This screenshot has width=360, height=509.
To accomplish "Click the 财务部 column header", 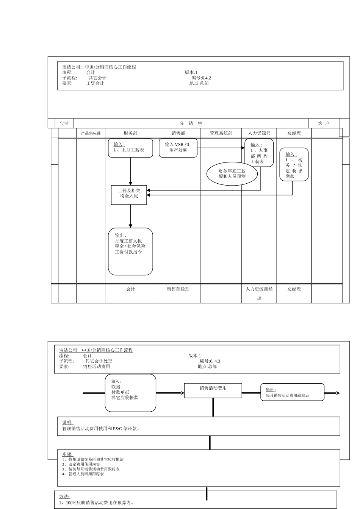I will pyautogui.click(x=130, y=133).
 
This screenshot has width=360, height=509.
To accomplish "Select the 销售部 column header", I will pyautogui.click(x=178, y=133).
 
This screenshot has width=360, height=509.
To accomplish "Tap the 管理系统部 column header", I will pyautogui.click(x=221, y=133).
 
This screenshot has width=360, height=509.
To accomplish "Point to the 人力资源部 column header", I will pyautogui.click(x=259, y=133).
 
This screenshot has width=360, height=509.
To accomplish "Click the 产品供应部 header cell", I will pyautogui.click(x=91, y=133).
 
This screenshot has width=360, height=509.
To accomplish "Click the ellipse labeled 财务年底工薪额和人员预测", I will pyautogui.click(x=232, y=174).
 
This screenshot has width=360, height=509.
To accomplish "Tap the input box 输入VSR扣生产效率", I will pyautogui.click(x=178, y=148).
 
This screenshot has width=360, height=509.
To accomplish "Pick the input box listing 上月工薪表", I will pyautogui.click(x=130, y=148).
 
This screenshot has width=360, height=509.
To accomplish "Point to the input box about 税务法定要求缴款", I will pyautogui.click(x=294, y=164).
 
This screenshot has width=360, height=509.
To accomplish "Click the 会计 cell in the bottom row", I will pyautogui.click(x=130, y=289).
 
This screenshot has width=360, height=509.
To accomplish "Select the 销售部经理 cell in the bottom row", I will pyautogui.click(x=178, y=289).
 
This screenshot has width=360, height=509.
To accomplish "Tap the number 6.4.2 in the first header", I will pyautogui.click(x=206, y=78).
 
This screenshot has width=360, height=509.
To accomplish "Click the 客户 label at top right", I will pyautogui.click(x=324, y=123).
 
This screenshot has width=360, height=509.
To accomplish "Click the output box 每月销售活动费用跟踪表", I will pyautogui.click(x=292, y=392).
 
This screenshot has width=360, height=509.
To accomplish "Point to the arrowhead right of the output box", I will pyautogui.click(x=338, y=393).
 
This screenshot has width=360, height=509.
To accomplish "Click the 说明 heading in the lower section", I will pyautogui.click(x=67, y=423).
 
